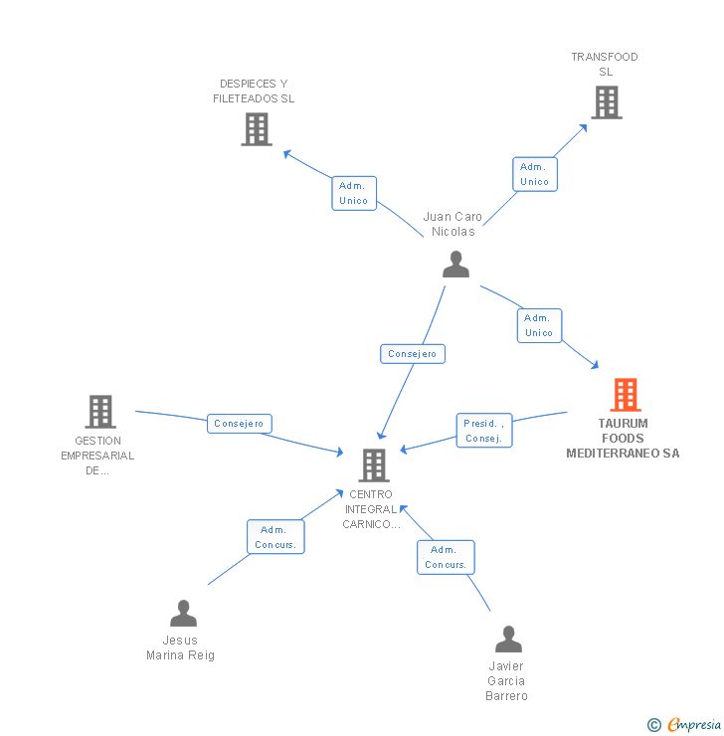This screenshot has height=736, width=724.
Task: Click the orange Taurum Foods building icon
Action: click(626, 395)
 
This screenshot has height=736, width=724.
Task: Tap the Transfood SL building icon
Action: click(607, 102)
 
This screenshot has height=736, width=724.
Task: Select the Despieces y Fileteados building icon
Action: click(257, 129)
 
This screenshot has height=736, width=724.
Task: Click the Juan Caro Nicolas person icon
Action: click(455, 265)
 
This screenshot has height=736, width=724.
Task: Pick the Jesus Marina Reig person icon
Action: click(183, 613)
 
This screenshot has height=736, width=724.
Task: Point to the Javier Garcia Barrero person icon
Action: click(508, 639)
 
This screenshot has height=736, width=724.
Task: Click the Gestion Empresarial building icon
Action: click(100, 412)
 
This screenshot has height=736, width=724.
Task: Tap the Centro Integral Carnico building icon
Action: click(374, 465)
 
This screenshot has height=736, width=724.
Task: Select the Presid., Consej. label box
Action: click(484, 431)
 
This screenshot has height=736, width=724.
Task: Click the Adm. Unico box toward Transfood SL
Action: click(535, 174)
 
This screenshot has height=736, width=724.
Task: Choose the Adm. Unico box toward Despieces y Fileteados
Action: click(354, 193)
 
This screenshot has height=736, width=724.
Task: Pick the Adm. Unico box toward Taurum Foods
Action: click(539, 326)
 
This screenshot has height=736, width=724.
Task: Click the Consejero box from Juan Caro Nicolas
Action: click(413, 354)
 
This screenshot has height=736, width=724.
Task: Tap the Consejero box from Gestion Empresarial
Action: click(240, 424)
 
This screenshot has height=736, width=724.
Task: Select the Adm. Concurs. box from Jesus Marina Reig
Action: click(275, 537)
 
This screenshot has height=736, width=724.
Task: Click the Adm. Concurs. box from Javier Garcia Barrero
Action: click(446, 557)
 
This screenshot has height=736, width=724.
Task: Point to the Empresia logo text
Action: click(694, 724)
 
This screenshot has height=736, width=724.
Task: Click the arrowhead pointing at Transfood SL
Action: click(583, 128)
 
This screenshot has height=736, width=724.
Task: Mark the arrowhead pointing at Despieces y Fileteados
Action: click(287, 154)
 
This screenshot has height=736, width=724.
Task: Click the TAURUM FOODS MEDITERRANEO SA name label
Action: click(623, 439)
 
